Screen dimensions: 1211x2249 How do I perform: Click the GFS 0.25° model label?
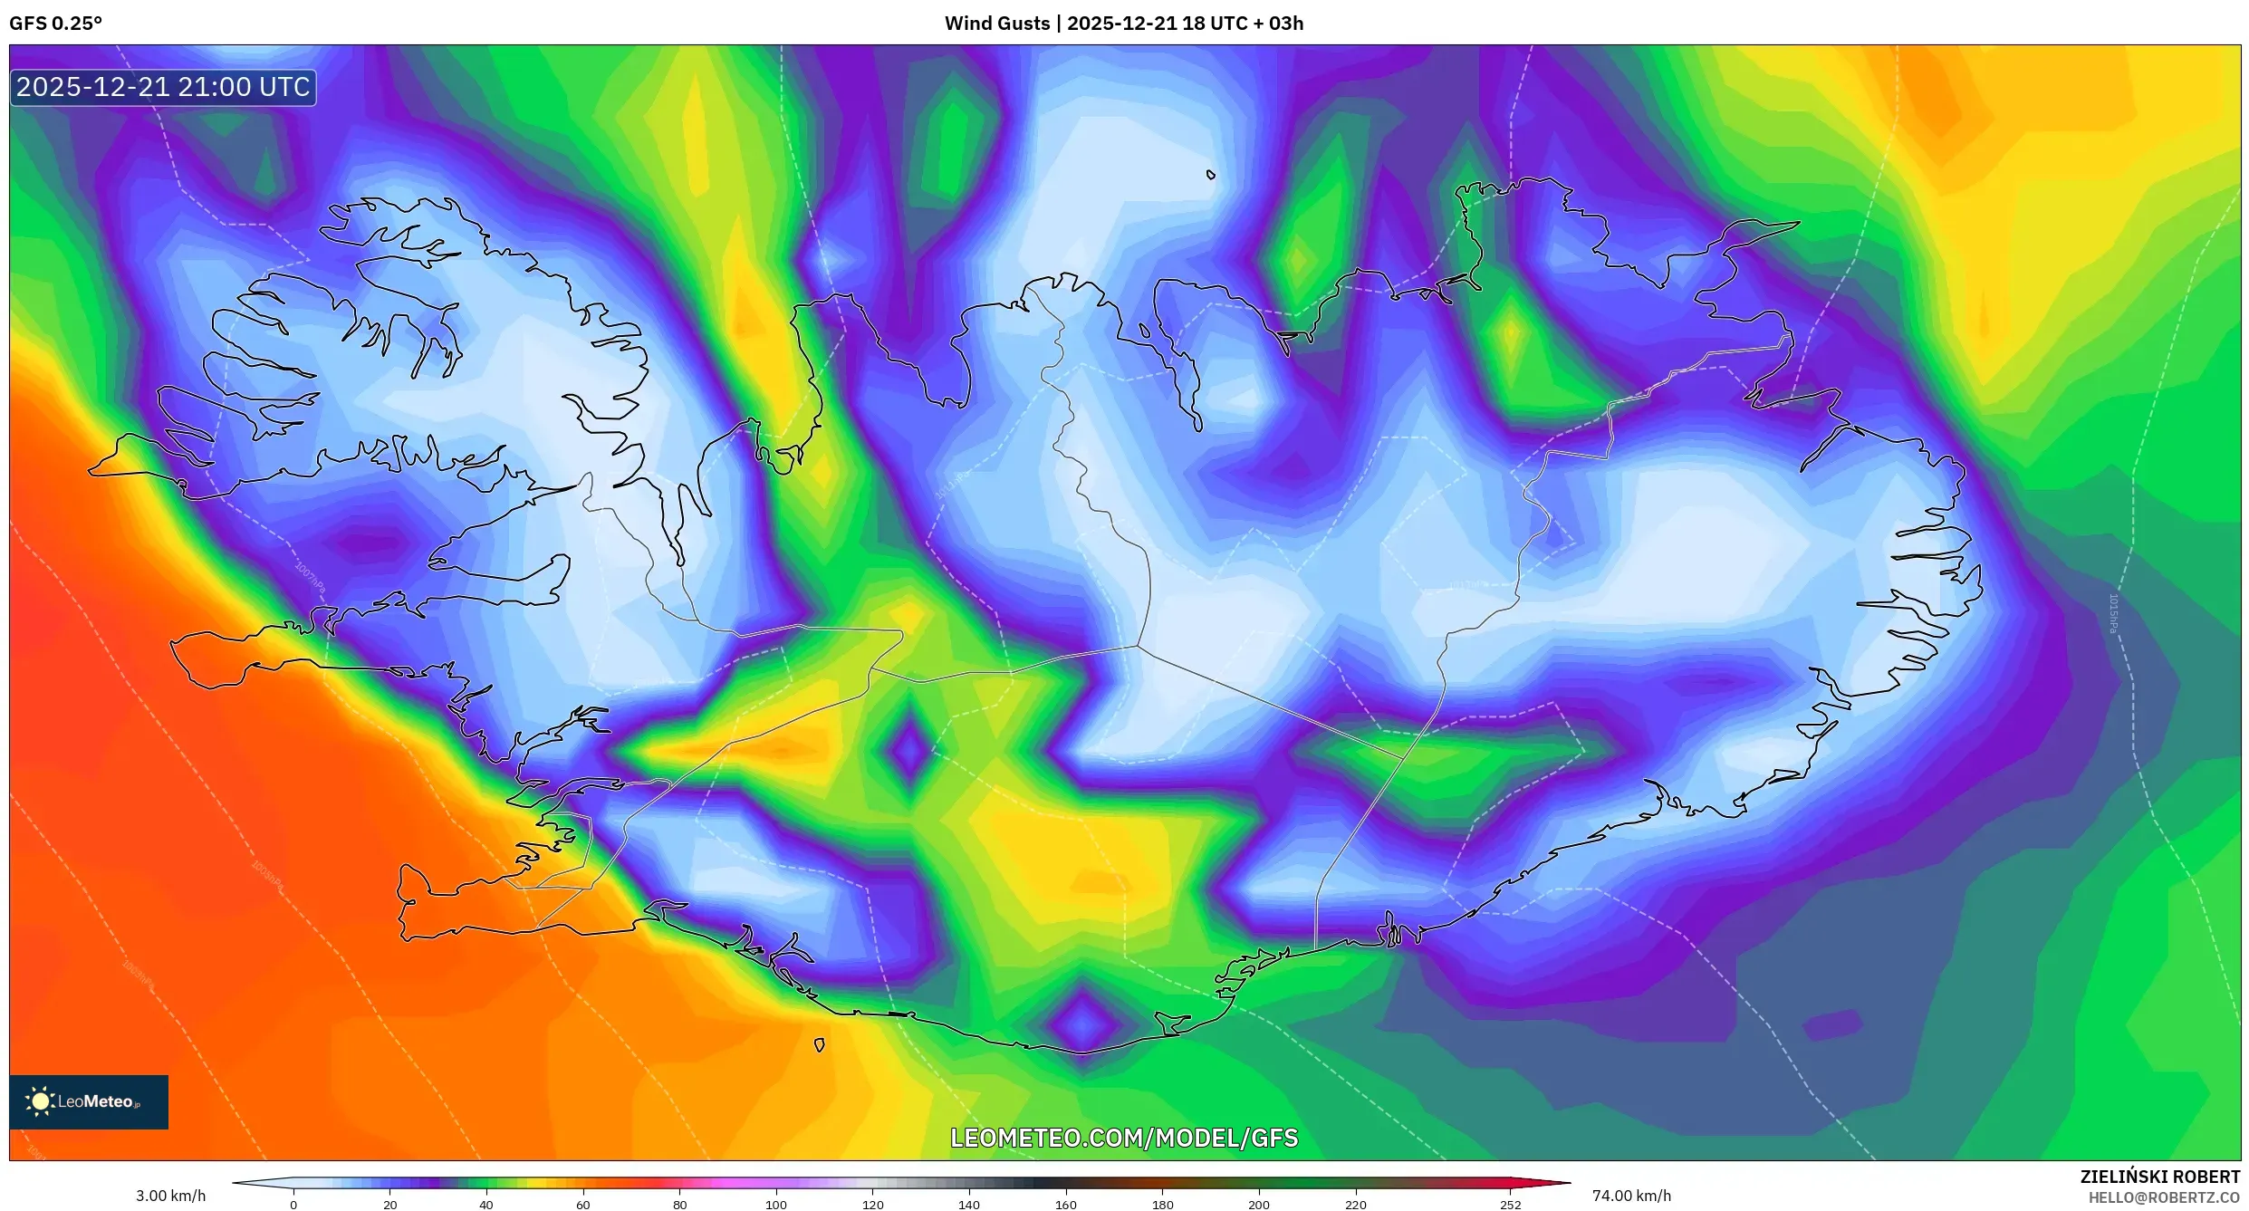pos(55,24)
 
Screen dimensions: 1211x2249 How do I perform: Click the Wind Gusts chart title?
pos(1123,24)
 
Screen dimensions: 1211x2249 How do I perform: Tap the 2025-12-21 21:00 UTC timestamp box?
pos(163,88)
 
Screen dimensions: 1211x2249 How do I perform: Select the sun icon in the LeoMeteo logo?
pos(40,1101)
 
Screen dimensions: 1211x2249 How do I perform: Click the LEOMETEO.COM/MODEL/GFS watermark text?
pos(1123,1139)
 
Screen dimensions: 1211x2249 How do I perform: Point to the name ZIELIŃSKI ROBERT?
pos(2159,1177)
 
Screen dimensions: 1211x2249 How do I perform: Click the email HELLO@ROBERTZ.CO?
pos(2164,1197)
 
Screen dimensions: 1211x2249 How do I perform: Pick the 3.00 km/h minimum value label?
pos(170,1196)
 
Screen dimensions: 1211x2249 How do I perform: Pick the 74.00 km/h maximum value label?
pos(1631,1196)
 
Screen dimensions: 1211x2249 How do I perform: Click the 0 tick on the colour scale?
pos(293,1205)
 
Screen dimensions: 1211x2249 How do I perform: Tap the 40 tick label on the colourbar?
pos(486,1205)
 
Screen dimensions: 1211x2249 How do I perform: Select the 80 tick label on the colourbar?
pos(679,1205)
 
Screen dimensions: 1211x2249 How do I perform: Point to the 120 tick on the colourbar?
pos(872,1205)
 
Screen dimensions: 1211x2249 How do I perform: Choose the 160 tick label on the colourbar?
pos(1065,1205)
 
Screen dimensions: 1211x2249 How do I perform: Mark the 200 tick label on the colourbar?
pos(1258,1205)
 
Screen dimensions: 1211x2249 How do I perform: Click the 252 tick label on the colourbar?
pos(1510,1205)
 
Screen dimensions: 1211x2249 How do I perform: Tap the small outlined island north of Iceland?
pos(1211,175)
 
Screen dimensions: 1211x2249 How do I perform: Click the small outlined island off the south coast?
pos(820,1045)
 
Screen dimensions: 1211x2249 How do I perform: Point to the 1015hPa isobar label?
pos(2113,613)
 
